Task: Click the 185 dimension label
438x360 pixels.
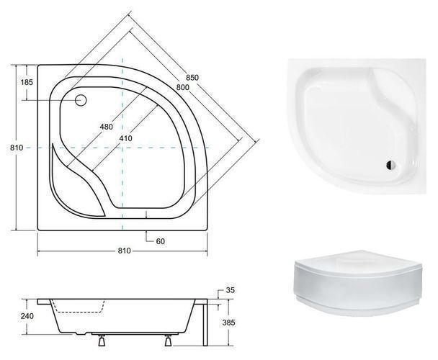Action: [x=27, y=82]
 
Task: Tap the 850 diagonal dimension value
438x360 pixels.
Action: [x=192, y=77]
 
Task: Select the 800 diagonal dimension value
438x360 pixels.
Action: [x=183, y=87]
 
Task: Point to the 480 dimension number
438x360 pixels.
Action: [x=107, y=127]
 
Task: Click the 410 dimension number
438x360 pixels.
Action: [x=125, y=138]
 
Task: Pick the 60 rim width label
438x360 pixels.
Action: [x=161, y=241]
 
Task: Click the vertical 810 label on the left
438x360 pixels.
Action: [x=17, y=147]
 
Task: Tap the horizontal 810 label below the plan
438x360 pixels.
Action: [x=124, y=251]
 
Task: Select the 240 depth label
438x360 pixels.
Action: [x=27, y=316]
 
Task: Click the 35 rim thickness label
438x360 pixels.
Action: [x=231, y=290]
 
